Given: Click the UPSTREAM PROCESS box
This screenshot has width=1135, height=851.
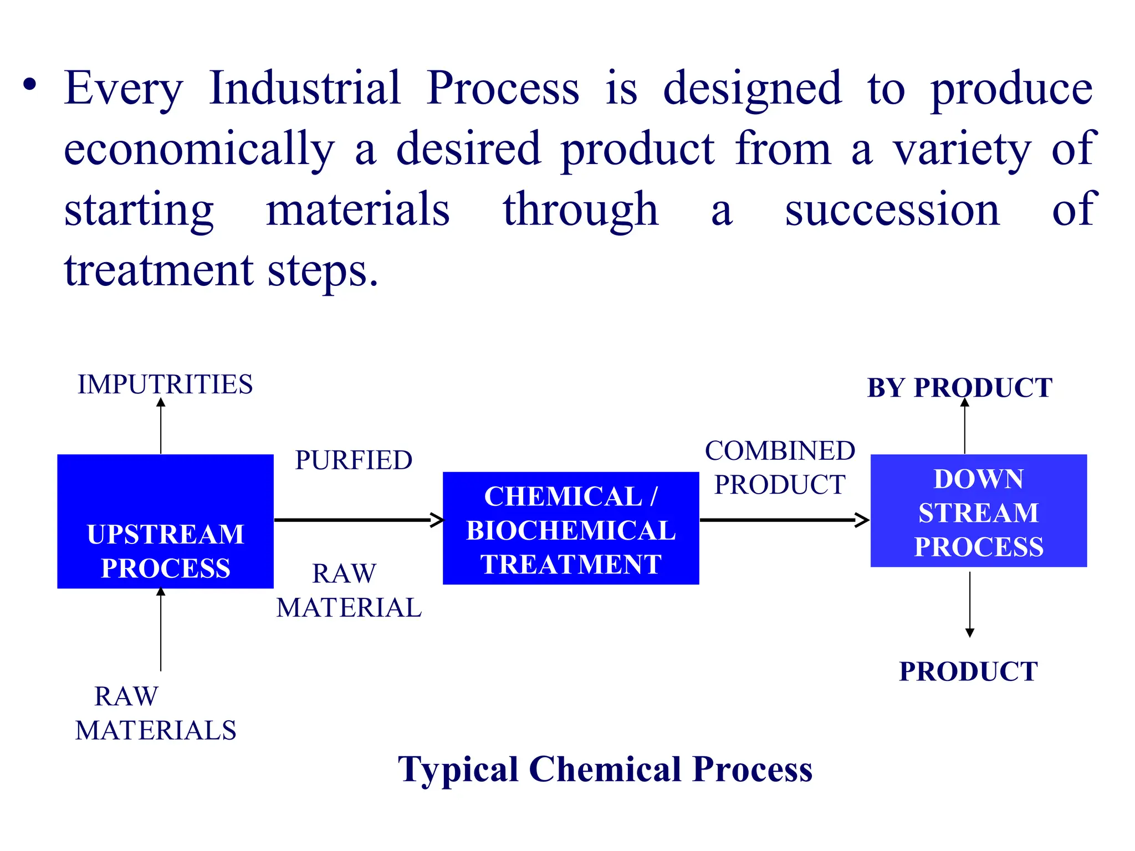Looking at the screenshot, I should (165, 521).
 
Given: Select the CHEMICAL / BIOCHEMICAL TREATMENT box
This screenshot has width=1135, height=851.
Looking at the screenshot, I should (571, 528).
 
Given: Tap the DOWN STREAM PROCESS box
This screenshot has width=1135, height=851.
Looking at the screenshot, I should (979, 510).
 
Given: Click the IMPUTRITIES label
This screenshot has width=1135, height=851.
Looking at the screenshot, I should (165, 385).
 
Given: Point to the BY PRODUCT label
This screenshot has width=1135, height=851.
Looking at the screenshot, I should (959, 388).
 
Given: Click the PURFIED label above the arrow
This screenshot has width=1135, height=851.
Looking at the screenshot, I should (354, 460).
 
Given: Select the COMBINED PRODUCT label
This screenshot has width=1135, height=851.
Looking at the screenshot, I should (780, 468).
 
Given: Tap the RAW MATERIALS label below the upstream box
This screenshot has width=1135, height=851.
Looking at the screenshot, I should (156, 714).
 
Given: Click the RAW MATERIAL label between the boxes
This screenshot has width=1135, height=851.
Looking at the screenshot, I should (349, 591).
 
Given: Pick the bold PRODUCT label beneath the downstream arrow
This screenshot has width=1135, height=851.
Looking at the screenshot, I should (968, 671).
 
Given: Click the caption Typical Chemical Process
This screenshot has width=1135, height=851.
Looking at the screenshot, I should (605, 770).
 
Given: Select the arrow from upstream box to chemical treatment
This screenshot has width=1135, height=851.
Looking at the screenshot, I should (357, 520).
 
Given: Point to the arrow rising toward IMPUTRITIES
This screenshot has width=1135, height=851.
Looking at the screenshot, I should (161, 427).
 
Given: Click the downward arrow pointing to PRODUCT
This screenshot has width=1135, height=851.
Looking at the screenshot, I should (970, 604).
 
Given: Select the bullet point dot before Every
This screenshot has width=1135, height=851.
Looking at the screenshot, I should (30, 86).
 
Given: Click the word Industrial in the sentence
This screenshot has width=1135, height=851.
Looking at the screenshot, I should (305, 89).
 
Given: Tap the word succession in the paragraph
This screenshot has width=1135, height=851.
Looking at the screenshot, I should (892, 211).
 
